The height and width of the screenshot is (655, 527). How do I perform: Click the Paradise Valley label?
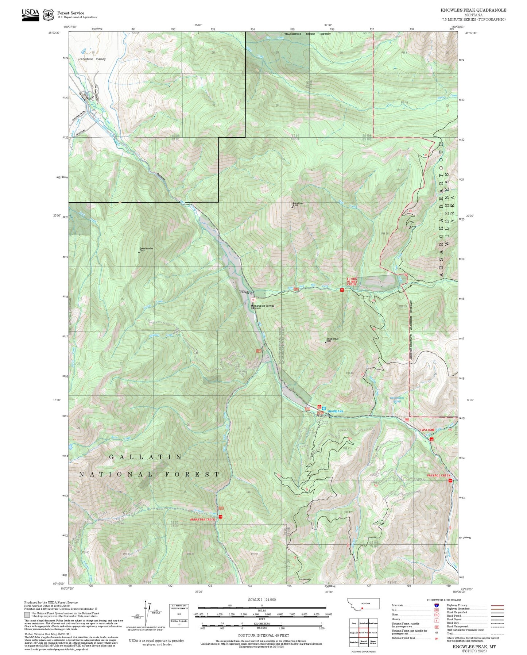92,59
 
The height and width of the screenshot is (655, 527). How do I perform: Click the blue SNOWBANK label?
335,411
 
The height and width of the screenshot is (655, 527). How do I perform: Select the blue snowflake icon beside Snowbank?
323,408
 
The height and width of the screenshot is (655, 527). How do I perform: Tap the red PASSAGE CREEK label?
439,475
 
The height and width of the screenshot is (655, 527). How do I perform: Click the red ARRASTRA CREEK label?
203,519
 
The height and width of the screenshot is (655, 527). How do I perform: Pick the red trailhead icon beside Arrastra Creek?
220,517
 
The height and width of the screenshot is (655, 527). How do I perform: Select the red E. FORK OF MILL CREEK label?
352,281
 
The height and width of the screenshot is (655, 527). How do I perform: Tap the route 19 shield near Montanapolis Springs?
253,299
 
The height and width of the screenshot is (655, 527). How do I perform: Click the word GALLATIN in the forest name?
146,457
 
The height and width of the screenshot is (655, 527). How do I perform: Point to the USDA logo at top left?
30,13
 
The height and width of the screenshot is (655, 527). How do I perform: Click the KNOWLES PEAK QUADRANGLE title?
473,10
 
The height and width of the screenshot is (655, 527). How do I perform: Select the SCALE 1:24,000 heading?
261,600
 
